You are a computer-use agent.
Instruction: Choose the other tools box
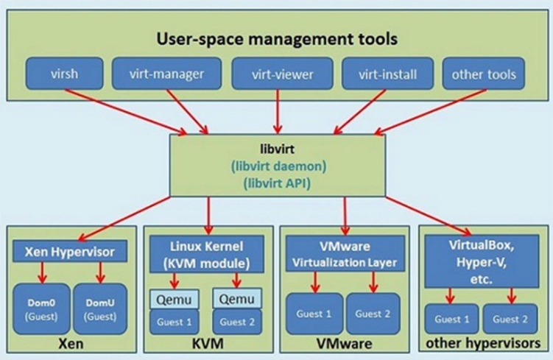[484, 74]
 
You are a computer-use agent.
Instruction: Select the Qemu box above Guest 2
[237, 299]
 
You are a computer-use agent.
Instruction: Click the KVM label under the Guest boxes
[208, 344]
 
